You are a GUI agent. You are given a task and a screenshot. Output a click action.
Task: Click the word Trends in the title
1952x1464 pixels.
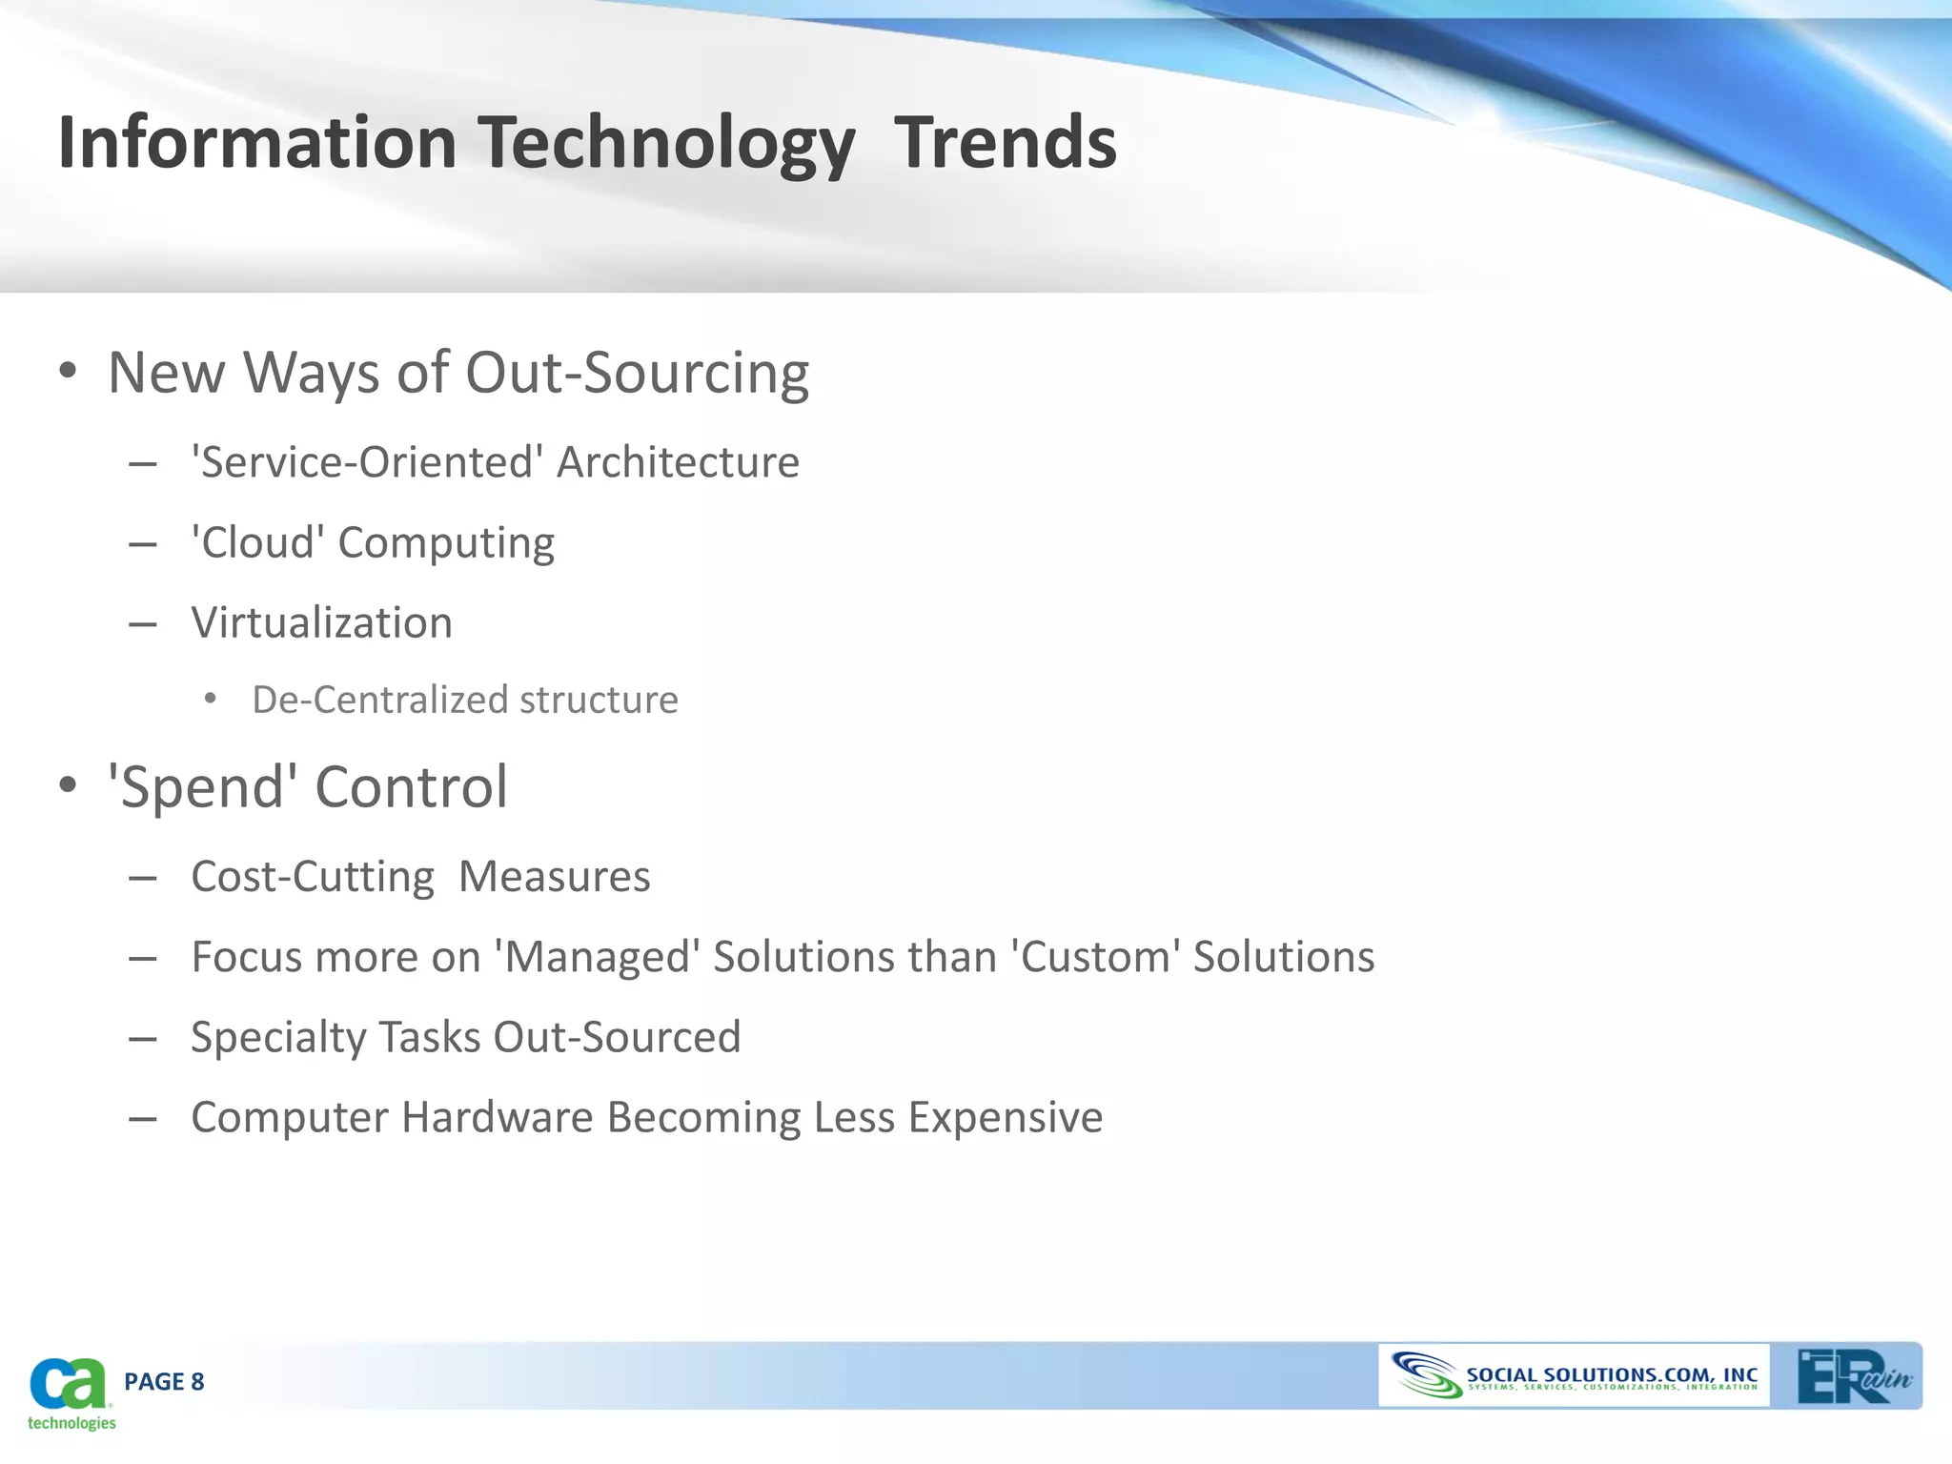point(1005,143)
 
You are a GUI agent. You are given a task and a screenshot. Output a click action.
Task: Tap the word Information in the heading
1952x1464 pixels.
point(257,143)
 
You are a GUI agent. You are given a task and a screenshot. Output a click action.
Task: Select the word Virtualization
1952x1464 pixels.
point(321,623)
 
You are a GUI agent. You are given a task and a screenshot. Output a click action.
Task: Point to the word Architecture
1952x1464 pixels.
point(678,463)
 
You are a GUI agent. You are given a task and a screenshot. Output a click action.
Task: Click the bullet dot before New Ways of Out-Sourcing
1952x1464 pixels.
point(67,372)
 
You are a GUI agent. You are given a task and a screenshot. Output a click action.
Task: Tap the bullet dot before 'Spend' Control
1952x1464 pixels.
point(67,786)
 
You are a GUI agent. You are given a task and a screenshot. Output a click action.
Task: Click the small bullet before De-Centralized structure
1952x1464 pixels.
point(211,700)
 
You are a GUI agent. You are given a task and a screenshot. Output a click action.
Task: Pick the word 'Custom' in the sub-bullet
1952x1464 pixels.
point(1095,957)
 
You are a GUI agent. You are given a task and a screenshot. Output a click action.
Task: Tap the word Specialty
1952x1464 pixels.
point(277,1037)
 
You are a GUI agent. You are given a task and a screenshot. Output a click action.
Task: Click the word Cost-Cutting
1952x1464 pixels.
point(313,877)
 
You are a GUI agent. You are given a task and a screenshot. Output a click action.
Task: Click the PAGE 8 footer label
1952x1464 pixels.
point(164,1382)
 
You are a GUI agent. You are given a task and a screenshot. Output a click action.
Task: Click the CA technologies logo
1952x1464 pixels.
point(70,1392)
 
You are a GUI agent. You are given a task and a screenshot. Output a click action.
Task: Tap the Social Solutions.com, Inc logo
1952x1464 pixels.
point(1574,1376)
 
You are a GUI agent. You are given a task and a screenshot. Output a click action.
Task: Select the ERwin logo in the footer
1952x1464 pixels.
point(1852,1376)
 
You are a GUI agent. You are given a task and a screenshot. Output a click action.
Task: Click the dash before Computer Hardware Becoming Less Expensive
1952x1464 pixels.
point(143,1118)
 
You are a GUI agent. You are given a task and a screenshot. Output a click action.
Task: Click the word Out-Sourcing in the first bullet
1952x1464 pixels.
point(637,373)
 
